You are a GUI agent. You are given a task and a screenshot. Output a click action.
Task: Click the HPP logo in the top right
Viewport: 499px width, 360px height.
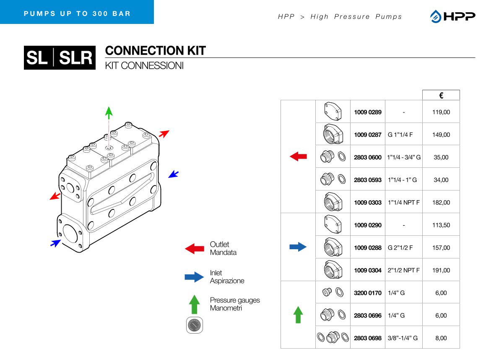pyautogui.click(x=452, y=16)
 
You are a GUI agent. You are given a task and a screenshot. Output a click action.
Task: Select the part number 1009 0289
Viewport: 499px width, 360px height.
pyautogui.click(x=368, y=112)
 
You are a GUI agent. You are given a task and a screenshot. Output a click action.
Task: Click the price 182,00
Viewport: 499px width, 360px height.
pyautogui.click(x=441, y=202)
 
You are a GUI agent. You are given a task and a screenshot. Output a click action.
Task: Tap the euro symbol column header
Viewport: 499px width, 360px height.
pyautogui.click(x=441, y=96)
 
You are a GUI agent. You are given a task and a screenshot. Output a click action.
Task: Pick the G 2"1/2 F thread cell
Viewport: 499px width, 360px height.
pyautogui.click(x=400, y=248)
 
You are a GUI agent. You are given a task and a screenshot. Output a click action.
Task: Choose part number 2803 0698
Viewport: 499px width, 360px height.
pyautogui.click(x=368, y=338)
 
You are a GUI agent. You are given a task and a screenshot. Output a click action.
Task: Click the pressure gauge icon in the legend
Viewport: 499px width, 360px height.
pyautogui.click(x=194, y=326)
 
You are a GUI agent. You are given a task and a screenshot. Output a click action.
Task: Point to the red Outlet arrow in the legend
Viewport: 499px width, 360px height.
pyautogui.click(x=194, y=248)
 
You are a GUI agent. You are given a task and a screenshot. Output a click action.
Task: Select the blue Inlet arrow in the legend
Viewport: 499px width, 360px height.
pyautogui.click(x=194, y=277)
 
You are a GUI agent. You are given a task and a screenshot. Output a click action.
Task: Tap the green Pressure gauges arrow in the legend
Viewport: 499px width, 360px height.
pyautogui.click(x=194, y=304)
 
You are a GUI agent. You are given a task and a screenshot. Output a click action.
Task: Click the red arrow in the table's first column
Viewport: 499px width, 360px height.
pyautogui.click(x=298, y=157)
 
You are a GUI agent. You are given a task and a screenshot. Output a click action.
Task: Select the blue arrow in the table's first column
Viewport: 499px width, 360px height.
pyautogui.click(x=298, y=247)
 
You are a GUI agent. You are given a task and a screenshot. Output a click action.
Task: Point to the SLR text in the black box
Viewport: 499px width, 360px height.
pyautogui.click(x=75, y=58)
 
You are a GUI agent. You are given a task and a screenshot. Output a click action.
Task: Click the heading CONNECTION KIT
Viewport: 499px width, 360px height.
pyautogui.click(x=155, y=51)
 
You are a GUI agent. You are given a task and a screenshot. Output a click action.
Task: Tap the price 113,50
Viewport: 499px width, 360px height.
pyautogui.click(x=441, y=225)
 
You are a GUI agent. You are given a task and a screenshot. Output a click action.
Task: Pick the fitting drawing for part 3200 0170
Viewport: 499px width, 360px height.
pyautogui.click(x=333, y=292)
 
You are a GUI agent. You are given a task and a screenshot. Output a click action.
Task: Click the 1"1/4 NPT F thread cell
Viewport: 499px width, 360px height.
pyautogui.click(x=403, y=202)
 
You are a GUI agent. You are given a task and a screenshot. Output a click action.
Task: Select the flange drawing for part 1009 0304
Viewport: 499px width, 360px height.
pyautogui.click(x=333, y=270)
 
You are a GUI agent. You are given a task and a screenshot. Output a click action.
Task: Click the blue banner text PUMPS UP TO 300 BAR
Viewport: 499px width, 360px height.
pyautogui.click(x=77, y=13)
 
